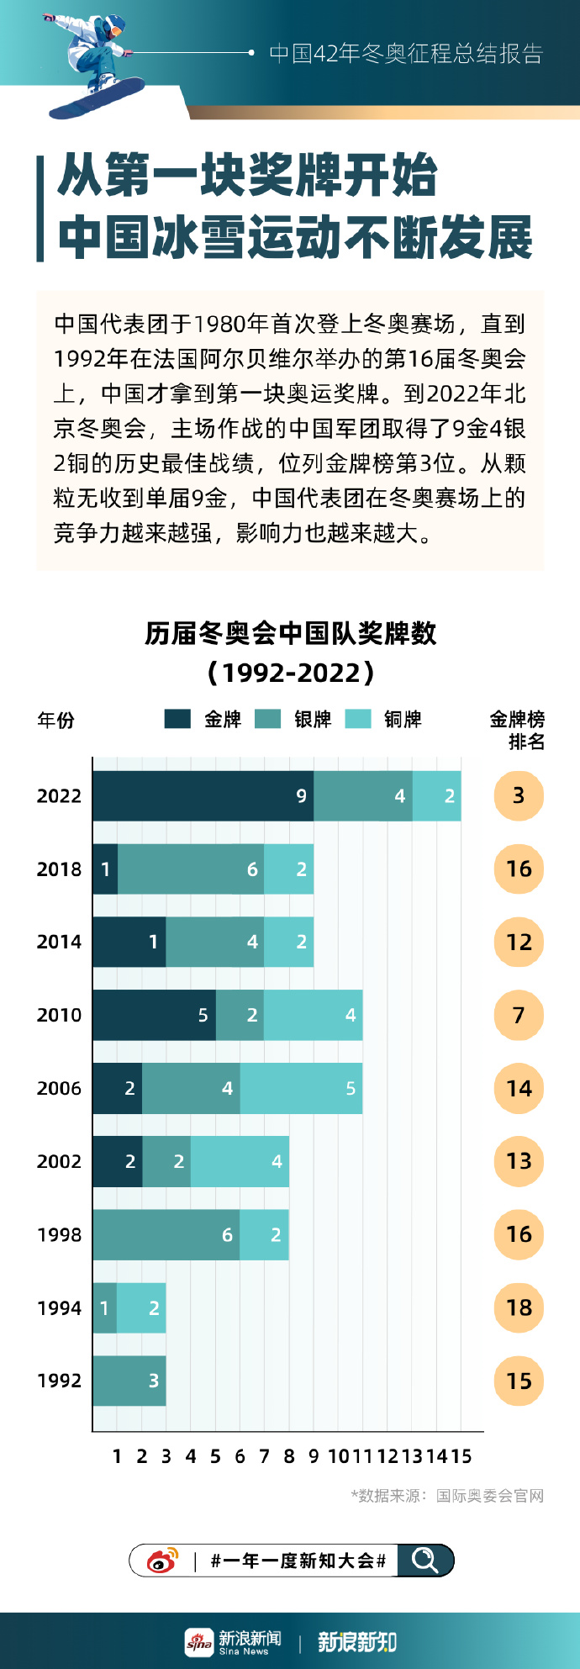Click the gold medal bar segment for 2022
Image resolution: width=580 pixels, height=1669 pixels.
[x=203, y=795]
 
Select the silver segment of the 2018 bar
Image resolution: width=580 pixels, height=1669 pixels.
[x=191, y=869]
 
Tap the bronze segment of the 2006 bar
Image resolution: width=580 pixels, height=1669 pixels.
[x=301, y=1088]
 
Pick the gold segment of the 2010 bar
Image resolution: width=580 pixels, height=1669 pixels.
[x=154, y=1015]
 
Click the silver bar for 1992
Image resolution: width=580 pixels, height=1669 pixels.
[x=129, y=1381]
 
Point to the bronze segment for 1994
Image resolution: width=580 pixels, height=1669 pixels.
[x=141, y=1307]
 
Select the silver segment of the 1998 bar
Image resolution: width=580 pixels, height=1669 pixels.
[x=166, y=1234]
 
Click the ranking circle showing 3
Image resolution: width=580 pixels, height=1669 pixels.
[x=519, y=795]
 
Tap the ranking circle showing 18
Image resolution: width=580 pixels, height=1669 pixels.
[x=519, y=1307]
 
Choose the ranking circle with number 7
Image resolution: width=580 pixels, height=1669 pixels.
[x=519, y=1015]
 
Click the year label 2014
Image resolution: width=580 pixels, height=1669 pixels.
[x=59, y=942]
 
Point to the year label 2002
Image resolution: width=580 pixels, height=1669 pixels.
[x=59, y=1161]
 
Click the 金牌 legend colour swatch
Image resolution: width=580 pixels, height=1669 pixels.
[x=177, y=719]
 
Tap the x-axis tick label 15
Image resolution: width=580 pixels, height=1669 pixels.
[x=461, y=1456]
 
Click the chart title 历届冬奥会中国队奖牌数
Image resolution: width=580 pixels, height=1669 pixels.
[x=290, y=633]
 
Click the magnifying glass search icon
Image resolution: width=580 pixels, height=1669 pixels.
[x=424, y=1561]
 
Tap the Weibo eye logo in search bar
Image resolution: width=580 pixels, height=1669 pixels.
[x=162, y=1561]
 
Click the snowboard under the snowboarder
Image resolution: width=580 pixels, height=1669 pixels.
[x=97, y=98]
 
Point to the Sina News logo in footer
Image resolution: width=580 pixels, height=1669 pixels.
[x=234, y=1641]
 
